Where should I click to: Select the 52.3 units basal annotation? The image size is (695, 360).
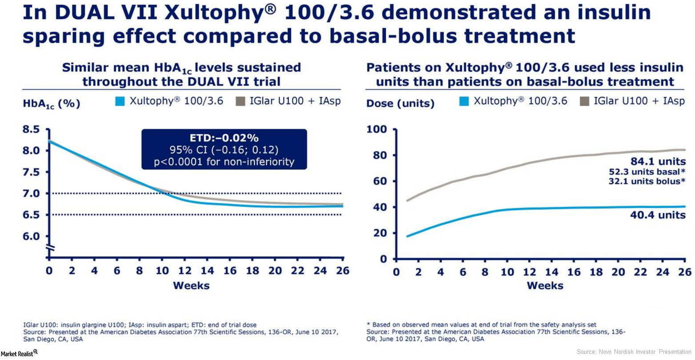[x=647, y=172]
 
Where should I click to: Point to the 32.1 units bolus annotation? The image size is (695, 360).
[x=647, y=181]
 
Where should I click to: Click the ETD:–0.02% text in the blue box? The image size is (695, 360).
[x=224, y=137]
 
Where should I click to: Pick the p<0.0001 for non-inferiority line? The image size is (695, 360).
[x=224, y=161]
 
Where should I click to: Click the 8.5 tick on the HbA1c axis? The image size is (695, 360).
[x=31, y=129]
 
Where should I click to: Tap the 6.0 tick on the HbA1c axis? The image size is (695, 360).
[x=31, y=236]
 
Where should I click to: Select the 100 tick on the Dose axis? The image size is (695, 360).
[x=376, y=129]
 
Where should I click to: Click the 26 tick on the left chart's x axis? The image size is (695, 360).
[x=342, y=271]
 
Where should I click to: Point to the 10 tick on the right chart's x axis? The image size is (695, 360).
[x=507, y=272]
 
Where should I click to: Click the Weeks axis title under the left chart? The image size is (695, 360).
[x=191, y=285]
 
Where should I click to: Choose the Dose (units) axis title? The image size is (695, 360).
[x=400, y=104]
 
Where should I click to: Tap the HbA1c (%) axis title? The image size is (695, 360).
[x=52, y=104]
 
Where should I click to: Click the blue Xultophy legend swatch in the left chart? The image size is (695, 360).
[x=120, y=101]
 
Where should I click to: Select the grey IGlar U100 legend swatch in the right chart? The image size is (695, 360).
[x=585, y=101]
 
